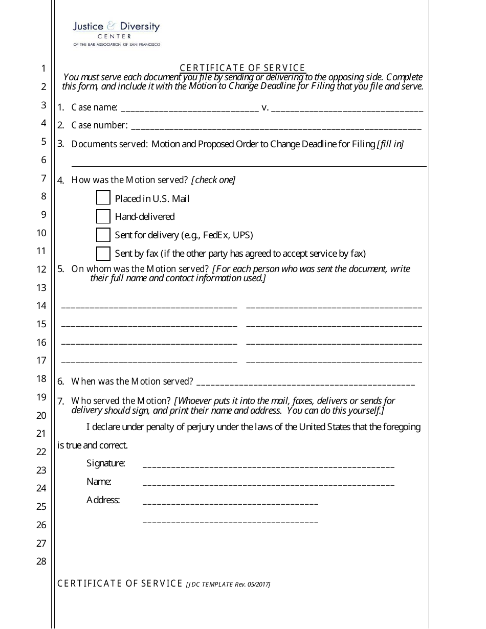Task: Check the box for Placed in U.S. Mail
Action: pyautogui.click(x=103, y=198)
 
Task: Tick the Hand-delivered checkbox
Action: pyautogui.click(x=103, y=216)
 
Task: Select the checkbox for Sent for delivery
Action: pyautogui.click(x=103, y=235)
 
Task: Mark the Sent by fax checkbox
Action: pyautogui.click(x=103, y=253)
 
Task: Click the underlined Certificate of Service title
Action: pyautogui.click(x=242, y=68)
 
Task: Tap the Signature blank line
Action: pyautogui.click(x=268, y=466)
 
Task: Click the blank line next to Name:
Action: pyautogui.click(x=268, y=484)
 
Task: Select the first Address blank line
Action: pyautogui.click(x=230, y=503)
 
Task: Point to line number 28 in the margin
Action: pyautogui.click(x=41, y=561)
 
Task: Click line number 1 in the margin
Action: pyautogui.click(x=43, y=69)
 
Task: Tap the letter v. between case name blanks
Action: pyautogui.click(x=265, y=107)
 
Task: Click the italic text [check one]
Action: pyautogui.click(x=213, y=180)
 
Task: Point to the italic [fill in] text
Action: pyautogui.click(x=390, y=144)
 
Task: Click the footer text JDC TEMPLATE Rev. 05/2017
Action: pyautogui.click(x=228, y=585)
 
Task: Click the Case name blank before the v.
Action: pyautogui.click(x=189, y=110)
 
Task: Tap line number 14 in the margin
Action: pyautogui.click(x=41, y=306)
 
